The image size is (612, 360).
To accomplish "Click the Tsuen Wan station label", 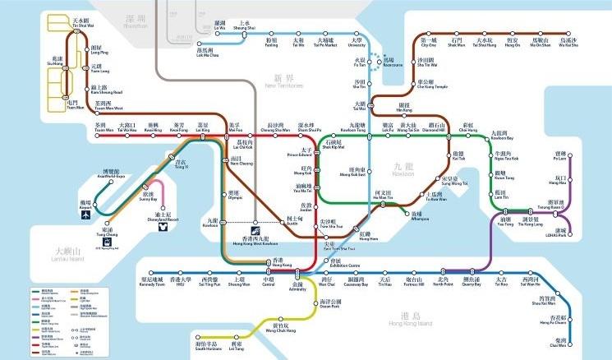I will click(x=104, y=129).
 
